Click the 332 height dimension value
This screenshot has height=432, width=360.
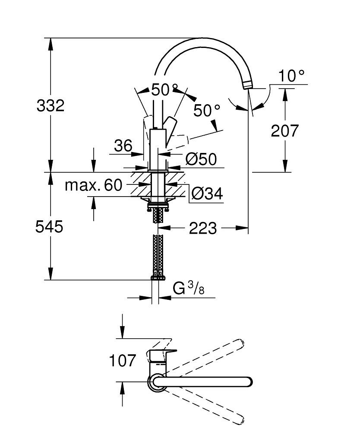pos(51,105)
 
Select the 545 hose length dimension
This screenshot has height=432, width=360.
pos(49,226)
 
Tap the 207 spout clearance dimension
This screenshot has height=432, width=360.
pos(284,130)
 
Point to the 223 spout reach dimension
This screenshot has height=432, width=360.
pos(203,228)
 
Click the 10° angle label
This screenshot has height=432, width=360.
pos(291,76)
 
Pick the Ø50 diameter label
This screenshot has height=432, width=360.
pos(201,159)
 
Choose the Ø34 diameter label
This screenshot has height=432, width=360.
pos(207,194)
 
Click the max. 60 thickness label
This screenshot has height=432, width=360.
pos(94,185)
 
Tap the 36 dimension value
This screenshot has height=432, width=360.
pos(123,146)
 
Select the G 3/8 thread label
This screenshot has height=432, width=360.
pos(188,288)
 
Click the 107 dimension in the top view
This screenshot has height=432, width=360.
pos(122,360)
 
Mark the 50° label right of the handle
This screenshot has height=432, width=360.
pos(206,111)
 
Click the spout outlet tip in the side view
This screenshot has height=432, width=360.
pos(248,85)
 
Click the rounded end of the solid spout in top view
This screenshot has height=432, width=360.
pos(247,382)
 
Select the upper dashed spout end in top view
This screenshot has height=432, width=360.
pos(240,343)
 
